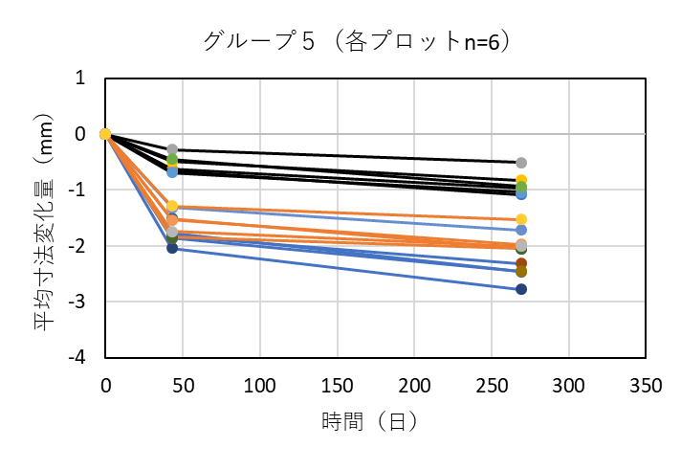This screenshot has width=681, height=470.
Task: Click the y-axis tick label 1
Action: click(x=81, y=78)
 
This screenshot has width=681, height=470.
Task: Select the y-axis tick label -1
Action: click(x=77, y=190)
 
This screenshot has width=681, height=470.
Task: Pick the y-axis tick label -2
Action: click(x=77, y=246)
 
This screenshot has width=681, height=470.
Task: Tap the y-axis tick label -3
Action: click(x=77, y=302)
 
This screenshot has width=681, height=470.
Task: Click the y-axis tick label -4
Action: click(x=77, y=357)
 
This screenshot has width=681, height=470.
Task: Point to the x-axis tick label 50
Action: click(x=183, y=386)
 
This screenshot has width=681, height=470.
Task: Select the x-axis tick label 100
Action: click(x=260, y=386)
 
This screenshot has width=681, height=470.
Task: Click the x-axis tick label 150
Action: click(x=338, y=386)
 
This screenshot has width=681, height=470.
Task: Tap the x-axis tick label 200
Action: click(x=414, y=386)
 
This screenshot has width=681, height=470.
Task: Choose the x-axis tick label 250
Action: click(x=492, y=386)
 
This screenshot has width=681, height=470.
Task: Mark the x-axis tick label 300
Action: click(x=569, y=386)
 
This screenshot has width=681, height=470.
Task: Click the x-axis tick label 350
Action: click(x=647, y=386)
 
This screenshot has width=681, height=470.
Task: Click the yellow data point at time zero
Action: click(x=105, y=134)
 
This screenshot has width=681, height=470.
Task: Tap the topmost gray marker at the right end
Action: click(x=521, y=163)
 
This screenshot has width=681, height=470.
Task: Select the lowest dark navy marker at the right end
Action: click(x=521, y=289)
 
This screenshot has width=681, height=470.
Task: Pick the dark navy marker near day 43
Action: click(x=172, y=248)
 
